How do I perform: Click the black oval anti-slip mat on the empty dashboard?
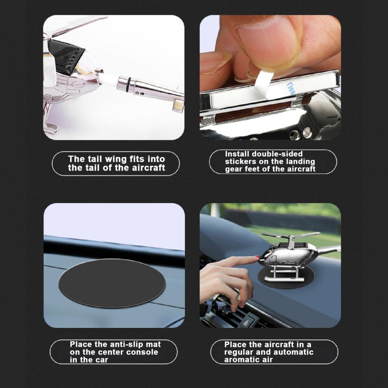pyautogui.click(x=112, y=283)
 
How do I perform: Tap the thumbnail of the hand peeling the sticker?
pyautogui.click(x=270, y=78)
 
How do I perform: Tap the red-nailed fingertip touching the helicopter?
pyautogui.click(x=256, y=258)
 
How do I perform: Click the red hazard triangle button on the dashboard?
pyautogui.click(x=246, y=322)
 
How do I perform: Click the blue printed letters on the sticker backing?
pyautogui.click(x=291, y=88)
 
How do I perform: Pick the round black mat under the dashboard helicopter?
pyautogui.click(x=286, y=278)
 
